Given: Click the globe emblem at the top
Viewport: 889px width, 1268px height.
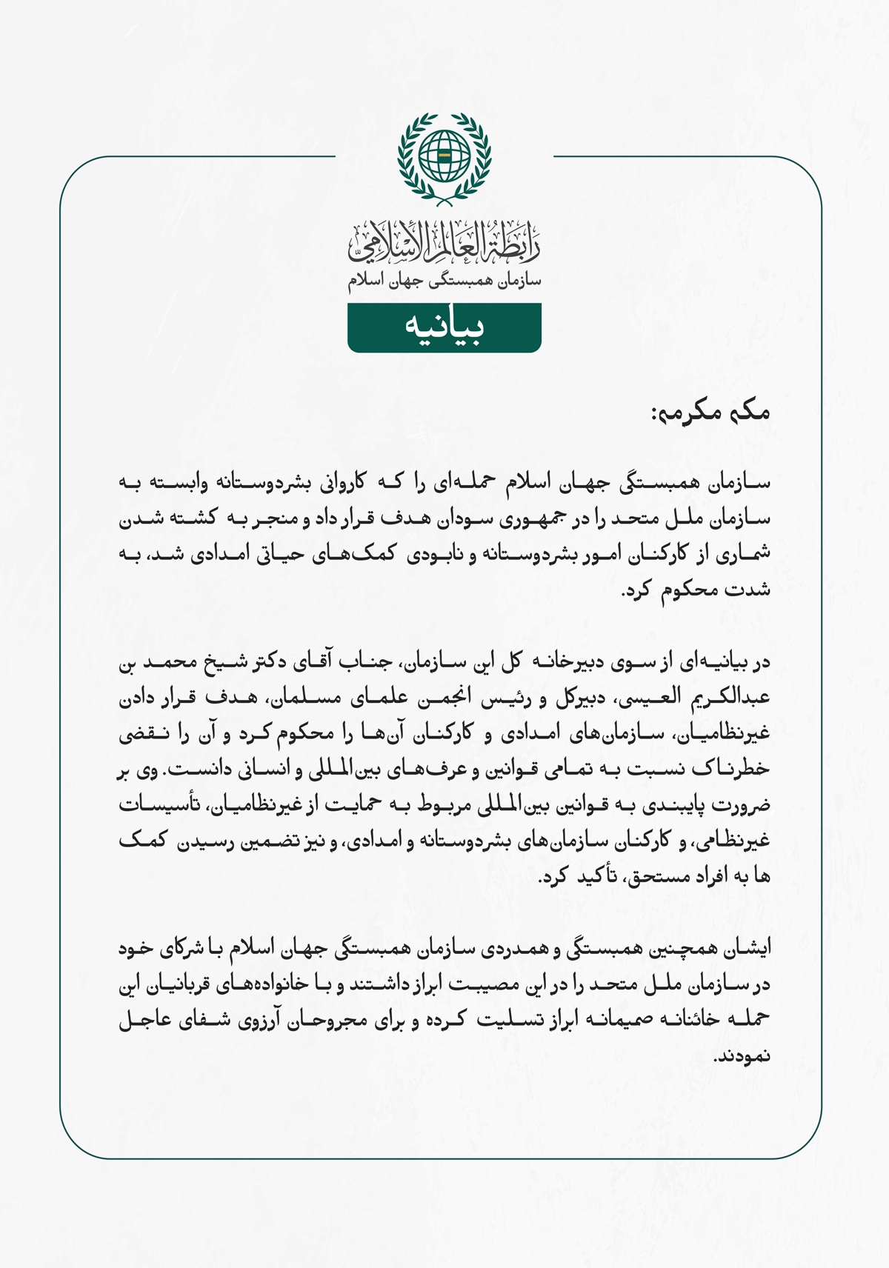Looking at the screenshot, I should (444, 156).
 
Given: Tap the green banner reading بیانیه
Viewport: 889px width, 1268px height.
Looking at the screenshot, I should (444, 327).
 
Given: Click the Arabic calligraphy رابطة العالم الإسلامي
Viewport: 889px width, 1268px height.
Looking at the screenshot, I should (444, 243).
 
